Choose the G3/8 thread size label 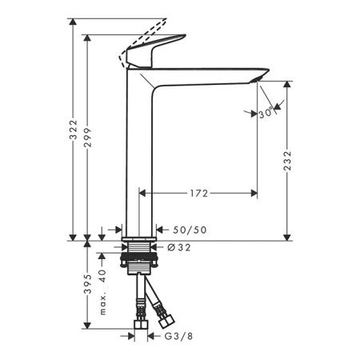tap(178, 337)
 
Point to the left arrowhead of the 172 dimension tap(143, 193)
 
